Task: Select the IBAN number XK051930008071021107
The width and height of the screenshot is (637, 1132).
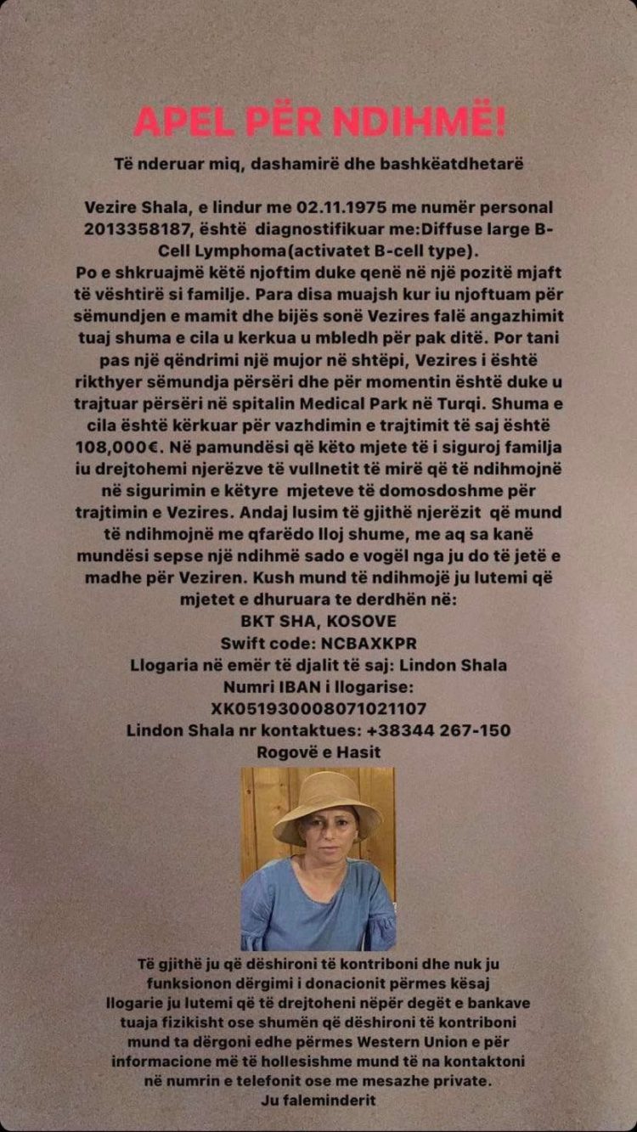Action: coord(318,708)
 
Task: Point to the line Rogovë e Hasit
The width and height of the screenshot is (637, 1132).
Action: coord(318,752)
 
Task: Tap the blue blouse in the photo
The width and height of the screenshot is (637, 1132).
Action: coord(318,909)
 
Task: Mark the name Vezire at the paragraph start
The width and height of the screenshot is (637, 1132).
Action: coord(111,207)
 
